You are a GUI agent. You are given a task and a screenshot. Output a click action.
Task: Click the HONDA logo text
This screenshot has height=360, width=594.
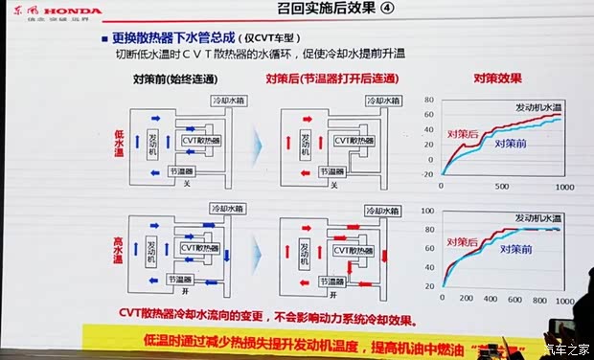coord(65,10)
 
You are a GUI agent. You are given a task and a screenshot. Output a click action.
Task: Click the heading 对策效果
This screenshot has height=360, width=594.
coord(497,79)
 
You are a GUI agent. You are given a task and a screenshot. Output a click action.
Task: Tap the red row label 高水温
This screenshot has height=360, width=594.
coord(122,250)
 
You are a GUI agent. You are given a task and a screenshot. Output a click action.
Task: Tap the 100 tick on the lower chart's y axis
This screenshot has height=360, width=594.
coord(428,212)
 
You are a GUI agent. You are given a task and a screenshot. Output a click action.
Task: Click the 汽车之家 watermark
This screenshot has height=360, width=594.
coord(565,349)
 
